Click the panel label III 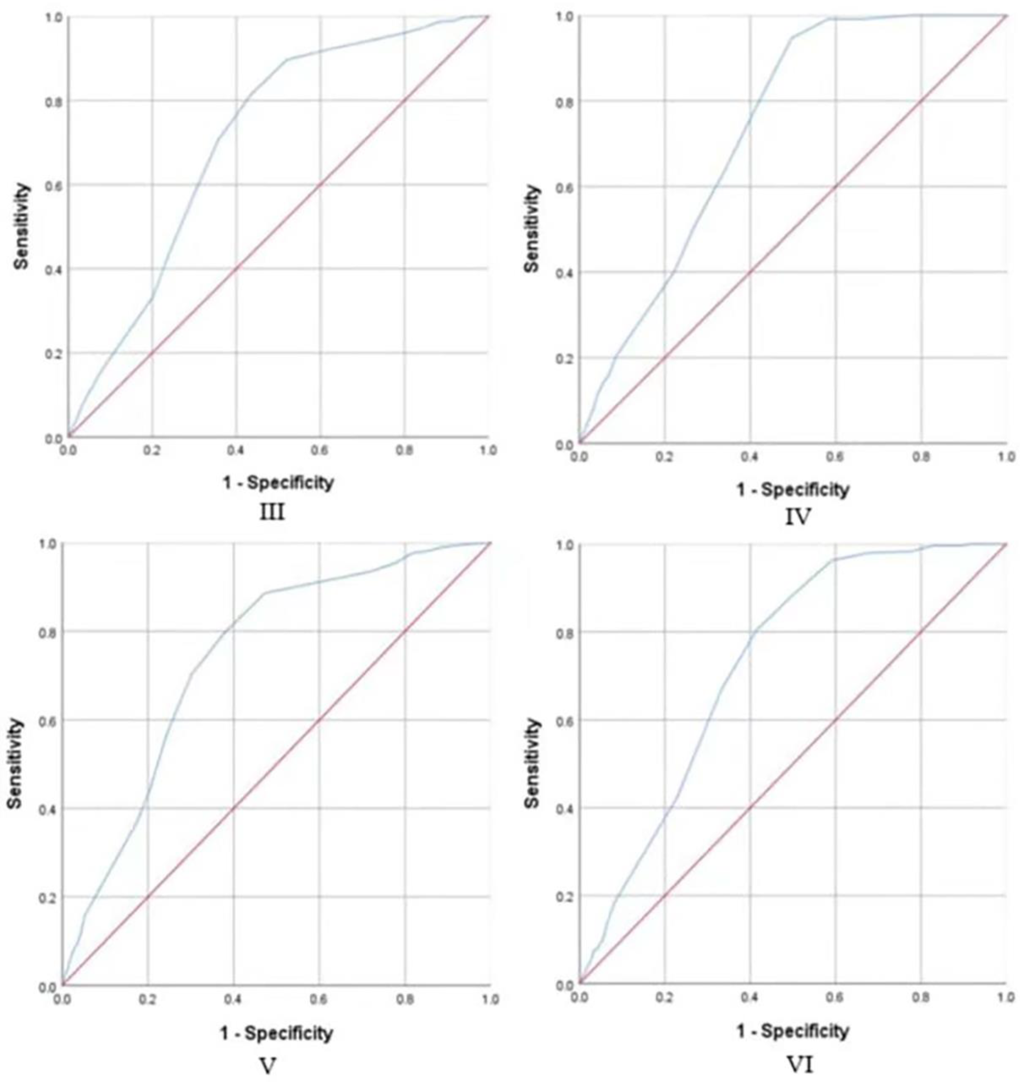click(x=271, y=512)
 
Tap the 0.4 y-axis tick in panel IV click(x=564, y=272)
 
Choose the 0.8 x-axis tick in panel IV click(x=921, y=456)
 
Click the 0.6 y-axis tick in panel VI click(x=564, y=720)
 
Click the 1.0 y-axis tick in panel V click(x=48, y=543)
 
